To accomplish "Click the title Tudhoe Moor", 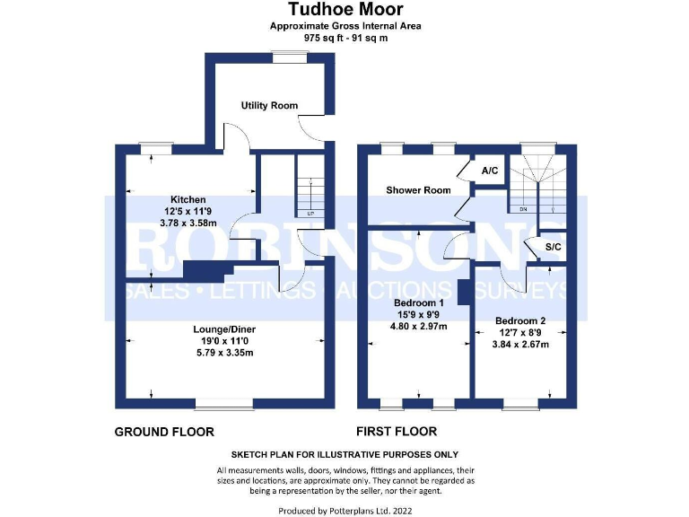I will point(344,10).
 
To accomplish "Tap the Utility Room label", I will point(269,105).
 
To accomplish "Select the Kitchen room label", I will point(188,199).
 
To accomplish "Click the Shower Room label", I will point(417,190).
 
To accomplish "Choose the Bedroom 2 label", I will point(520,320).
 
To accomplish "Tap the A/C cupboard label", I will point(490,171).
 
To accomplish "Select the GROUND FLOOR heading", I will point(164,432).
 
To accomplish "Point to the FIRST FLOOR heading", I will point(396,432).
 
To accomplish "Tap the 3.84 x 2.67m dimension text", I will point(520,345).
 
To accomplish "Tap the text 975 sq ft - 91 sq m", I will point(344,39).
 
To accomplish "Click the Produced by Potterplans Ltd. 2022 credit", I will point(344,509).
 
